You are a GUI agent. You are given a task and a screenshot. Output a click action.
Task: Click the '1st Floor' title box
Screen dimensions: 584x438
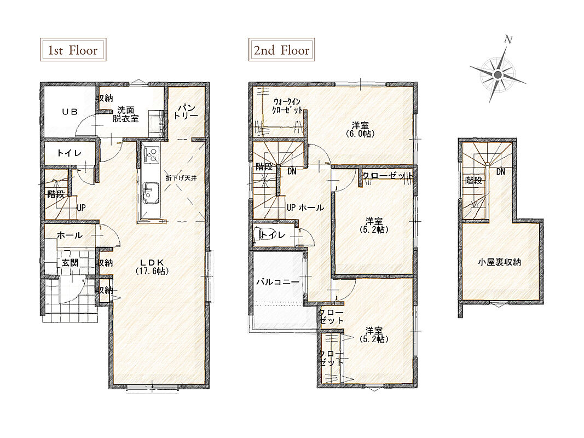(x=73, y=49)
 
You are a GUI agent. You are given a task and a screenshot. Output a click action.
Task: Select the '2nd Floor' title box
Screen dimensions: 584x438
(x=281, y=49)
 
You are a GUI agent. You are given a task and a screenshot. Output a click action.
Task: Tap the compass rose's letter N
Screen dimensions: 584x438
(x=508, y=39)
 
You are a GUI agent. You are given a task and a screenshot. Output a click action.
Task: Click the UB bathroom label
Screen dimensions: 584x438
(x=70, y=111)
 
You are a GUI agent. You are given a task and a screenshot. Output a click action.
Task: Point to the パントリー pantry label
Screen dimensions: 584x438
(x=186, y=111)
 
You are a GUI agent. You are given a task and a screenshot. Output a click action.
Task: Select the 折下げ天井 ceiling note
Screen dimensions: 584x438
(x=181, y=177)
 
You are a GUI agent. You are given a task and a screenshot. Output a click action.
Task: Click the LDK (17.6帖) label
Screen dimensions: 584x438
(x=152, y=266)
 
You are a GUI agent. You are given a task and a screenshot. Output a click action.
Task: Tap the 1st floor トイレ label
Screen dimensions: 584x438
(x=70, y=153)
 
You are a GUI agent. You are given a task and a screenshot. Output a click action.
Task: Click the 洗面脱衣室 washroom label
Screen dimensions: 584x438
(x=126, y=114)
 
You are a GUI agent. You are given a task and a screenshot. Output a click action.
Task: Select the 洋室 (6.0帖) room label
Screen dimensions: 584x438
(x=360, y=129)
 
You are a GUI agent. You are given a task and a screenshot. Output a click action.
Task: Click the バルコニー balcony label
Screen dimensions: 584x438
(x=278, y=282)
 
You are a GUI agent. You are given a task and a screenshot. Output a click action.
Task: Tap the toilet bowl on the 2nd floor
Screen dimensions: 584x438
(x=257, y=235)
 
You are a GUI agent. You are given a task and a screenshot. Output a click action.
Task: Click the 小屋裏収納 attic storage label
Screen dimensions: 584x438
(x=499, y=262)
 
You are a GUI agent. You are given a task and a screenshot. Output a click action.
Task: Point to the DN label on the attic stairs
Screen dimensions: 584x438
(x=501, y=172)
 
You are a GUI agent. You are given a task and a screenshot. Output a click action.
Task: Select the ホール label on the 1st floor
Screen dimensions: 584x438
(x=70, y=235)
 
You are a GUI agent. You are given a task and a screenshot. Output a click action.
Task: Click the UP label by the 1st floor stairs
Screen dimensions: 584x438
(x=81, y=208)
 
